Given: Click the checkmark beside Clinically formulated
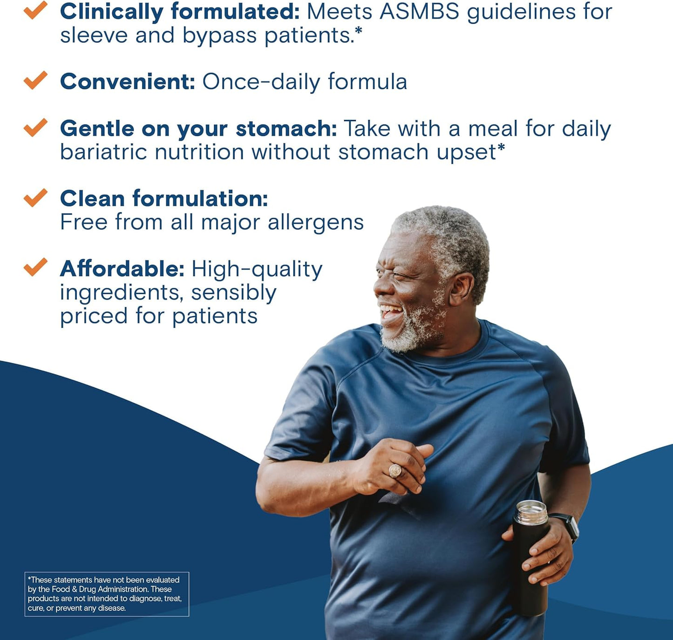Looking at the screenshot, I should point(35,10).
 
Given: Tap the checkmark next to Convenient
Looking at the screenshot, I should point(35,80).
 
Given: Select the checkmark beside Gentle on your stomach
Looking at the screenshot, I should point(35,127).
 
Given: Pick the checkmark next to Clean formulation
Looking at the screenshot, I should point(35,198).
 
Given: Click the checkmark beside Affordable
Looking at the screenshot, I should point(35,268).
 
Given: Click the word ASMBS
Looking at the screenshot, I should point(419,12).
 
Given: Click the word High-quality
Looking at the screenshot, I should point(257,270).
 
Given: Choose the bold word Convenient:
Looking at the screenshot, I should point(127,82).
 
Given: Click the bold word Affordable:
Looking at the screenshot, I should point(122,269).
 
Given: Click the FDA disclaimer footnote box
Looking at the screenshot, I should point(107,594).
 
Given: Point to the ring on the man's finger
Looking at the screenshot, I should point(395,470).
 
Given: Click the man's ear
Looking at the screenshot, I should point(461,289).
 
